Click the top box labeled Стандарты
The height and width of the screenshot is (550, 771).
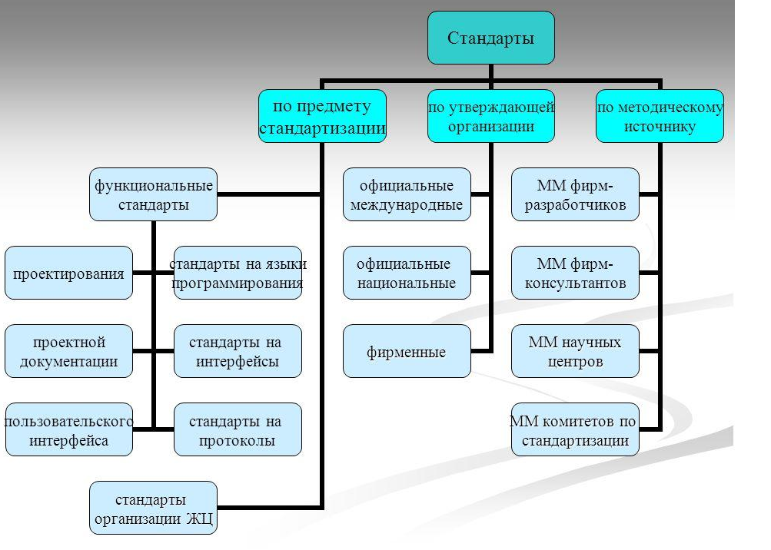tap(490, 38)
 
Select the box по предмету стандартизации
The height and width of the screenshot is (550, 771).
tap(322, 116)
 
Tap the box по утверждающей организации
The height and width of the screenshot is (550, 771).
tap(490, 116)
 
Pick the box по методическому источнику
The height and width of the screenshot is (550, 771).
tap(660, 116)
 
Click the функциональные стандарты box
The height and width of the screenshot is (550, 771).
tap(153, 194)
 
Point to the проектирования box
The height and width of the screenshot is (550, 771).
tap(68, 273)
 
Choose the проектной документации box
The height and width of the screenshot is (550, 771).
tap(68, 351)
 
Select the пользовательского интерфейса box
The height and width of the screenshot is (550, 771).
tap(68, 429)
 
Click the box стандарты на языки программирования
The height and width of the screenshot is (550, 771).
tap(238, 273)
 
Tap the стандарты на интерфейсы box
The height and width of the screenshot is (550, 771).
tap(238, 351)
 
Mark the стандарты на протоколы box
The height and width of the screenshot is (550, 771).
tap(238, 429)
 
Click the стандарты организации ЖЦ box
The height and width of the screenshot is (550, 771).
tap(153, 508)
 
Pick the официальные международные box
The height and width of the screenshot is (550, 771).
tap(406, 194)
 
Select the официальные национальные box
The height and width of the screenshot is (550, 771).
tap(406, 273)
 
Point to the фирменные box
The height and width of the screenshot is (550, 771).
tap(406, 351)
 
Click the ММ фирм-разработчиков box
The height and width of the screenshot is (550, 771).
tap(575, 194)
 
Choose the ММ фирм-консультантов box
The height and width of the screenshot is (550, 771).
tap(575, 273)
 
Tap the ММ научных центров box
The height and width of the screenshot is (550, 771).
tap(575, 351)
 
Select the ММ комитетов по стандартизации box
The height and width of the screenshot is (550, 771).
tap(575, 429)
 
